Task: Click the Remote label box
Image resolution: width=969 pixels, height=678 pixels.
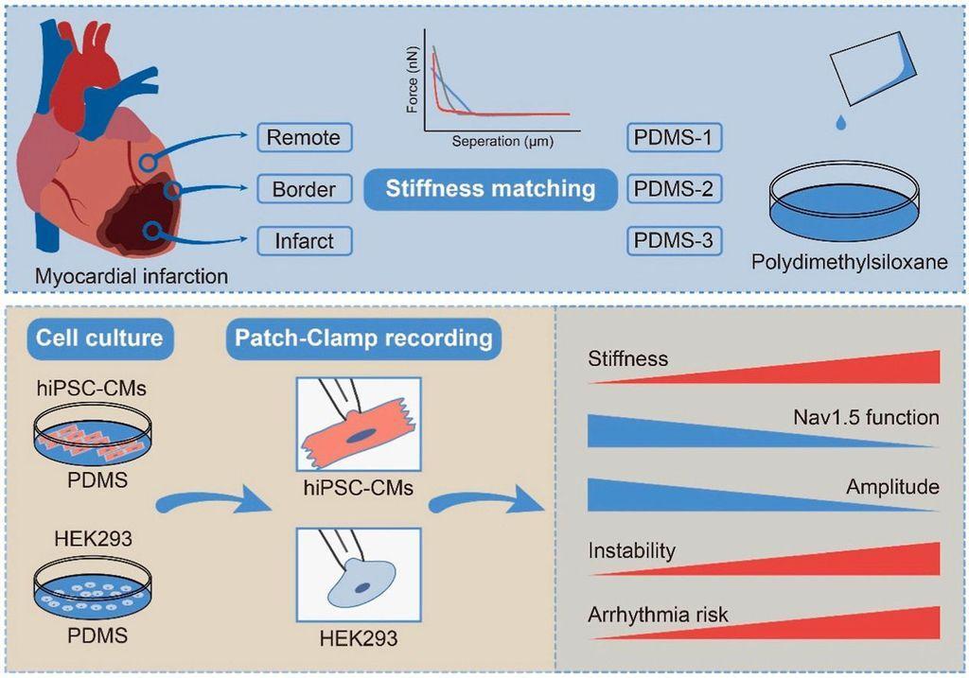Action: point(304,137)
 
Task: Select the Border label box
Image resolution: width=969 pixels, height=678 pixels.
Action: point(304,189)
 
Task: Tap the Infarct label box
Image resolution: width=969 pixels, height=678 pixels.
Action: point(304,241)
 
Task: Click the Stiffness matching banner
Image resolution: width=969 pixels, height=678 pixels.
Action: point(490,188)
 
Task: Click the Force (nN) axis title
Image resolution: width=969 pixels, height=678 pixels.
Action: point(413,83)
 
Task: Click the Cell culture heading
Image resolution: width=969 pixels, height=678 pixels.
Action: point(99,338)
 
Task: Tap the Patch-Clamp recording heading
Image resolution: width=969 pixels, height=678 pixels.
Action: point(364,338)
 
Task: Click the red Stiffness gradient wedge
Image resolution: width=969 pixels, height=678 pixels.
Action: point(852,371)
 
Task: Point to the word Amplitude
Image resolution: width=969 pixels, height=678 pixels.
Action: point(893,487)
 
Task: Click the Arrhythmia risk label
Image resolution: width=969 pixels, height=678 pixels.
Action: point(659,615)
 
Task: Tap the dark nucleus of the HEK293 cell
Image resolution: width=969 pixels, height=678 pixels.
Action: point(362,588)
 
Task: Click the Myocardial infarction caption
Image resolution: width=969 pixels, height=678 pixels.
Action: point(132,277)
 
